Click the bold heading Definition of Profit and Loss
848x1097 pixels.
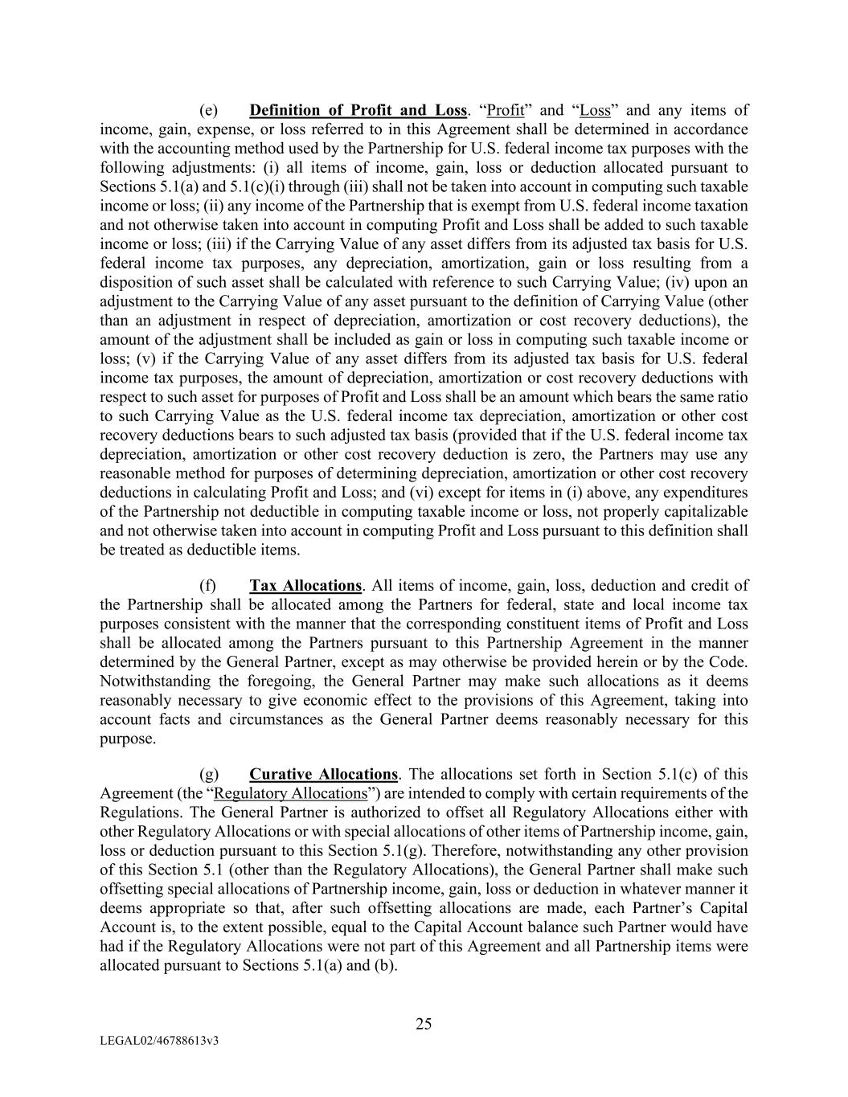pos(358,110)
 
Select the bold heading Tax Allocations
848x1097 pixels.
pos(305,586)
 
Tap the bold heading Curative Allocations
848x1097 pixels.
pos(323,775)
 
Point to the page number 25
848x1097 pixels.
pos(424,1024)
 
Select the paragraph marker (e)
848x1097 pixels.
pos(208,110)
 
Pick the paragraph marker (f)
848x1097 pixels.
pos(207,586)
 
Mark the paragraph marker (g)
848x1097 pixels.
pos(208,775)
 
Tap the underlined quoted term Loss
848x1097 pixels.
pos(595,110)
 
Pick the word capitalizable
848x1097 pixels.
pos(698,512)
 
